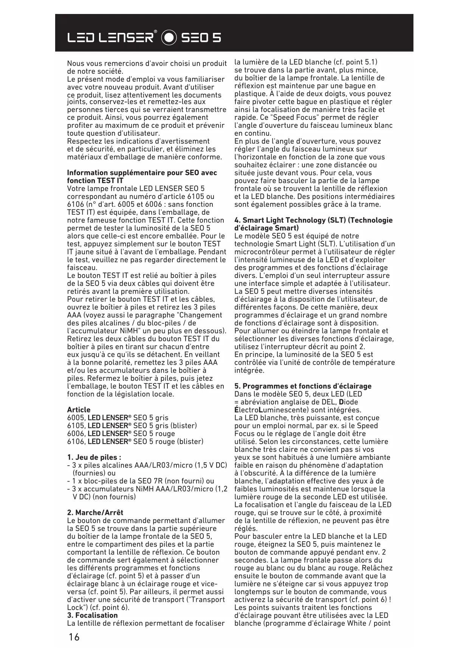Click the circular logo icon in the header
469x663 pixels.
pos(169,37)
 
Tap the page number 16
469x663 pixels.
pos(74,637)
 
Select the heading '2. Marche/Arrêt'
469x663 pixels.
pos(95,513)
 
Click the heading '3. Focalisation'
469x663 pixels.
pos(92,615)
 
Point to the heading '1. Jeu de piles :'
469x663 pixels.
pos(94,457)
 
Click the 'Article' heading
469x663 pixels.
pos(79,410)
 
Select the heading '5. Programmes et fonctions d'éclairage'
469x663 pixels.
pos(303,386)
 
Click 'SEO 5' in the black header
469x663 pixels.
pos(201,37)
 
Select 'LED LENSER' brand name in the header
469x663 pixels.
pos(111,37)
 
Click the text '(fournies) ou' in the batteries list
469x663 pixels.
pos(94,473)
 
